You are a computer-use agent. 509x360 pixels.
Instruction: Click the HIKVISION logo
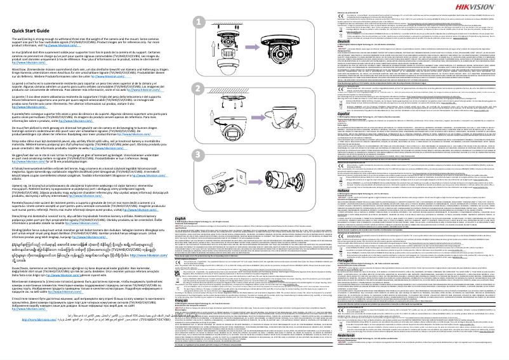pos(484,6)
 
